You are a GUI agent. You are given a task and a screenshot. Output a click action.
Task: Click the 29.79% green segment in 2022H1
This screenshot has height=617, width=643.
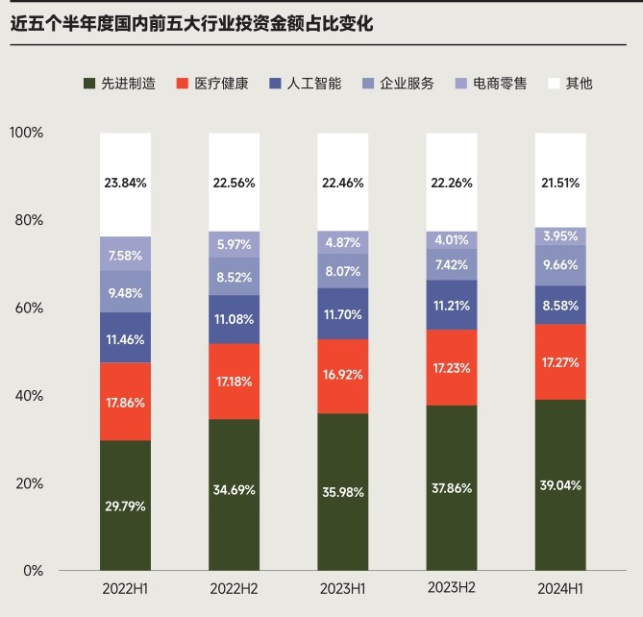coord(125,506)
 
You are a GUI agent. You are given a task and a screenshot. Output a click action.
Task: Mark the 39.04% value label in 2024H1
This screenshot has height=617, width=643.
coord(560,485)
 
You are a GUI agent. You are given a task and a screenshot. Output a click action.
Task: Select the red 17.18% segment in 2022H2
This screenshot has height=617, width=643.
coord(235,382)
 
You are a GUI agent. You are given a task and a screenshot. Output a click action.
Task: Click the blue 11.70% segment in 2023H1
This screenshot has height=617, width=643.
coord(343,313)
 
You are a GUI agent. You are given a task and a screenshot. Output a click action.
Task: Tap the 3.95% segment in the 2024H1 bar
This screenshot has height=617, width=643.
coord(560,236)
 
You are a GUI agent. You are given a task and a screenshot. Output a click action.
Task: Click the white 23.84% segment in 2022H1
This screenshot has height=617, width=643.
coord(125,183)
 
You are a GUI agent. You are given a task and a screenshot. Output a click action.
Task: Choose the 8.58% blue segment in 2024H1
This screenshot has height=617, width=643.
coord(560,305)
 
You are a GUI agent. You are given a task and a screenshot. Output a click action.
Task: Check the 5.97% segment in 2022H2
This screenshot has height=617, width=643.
coord(235,245)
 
